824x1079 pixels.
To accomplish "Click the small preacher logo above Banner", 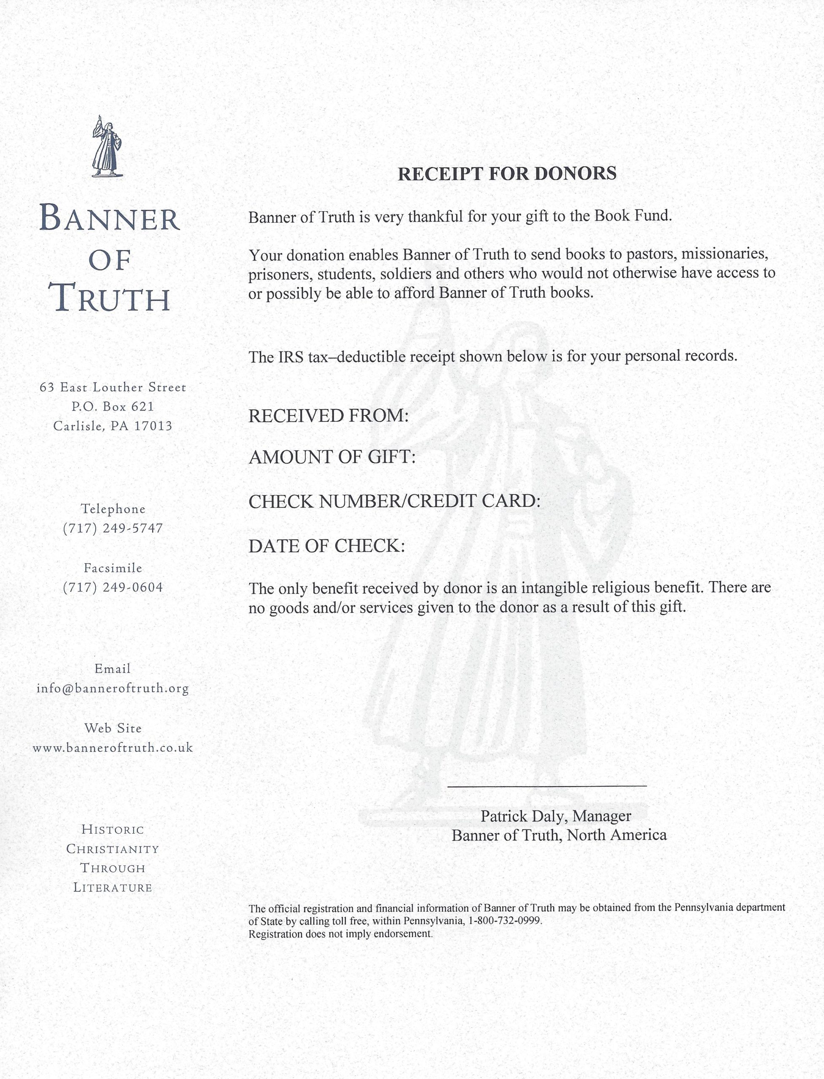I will point(106,147).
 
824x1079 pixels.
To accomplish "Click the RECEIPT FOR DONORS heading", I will point(506,174).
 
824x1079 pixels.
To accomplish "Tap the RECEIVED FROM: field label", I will point(328,416).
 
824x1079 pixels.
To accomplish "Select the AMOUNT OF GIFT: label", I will point(332,457).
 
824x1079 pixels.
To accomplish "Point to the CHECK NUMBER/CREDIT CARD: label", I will point(394,501).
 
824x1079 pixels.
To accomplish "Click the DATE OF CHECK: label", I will point(327,546).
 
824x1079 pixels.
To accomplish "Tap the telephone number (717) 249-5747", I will point(113,528).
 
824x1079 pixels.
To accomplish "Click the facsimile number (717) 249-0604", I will point(113,587).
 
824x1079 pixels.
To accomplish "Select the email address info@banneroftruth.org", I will point(113,688).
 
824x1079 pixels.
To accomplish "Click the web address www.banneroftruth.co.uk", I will point(113,748).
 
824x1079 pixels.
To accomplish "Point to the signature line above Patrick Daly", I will point(547,786).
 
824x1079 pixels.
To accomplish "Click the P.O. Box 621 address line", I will point(113,406).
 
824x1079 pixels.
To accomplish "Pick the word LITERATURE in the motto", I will point(113,887).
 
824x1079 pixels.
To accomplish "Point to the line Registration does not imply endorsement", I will point(340,934).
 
